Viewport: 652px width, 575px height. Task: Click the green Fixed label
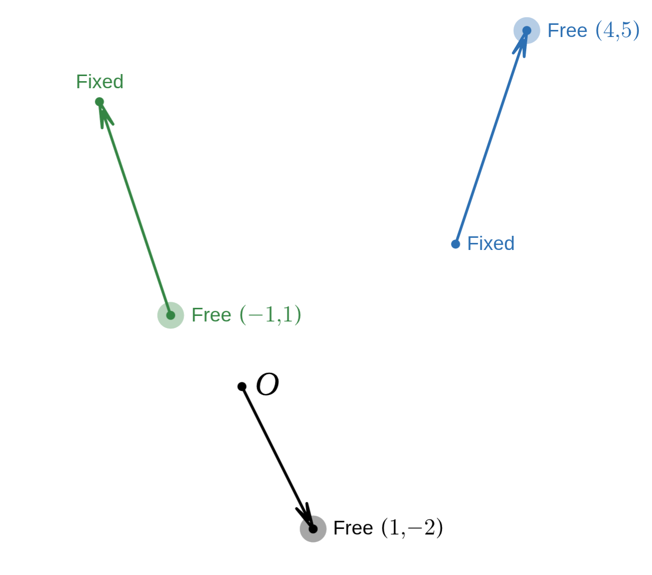[x=100, y=82]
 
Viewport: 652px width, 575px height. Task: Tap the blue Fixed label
[x=490, y=243]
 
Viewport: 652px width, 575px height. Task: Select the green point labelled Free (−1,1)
[x=171, y=315]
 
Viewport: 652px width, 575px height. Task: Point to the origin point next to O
[x=242, y=386]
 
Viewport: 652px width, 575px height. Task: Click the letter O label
[x=267, y=385]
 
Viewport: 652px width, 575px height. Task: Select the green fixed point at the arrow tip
[x=99, y=102]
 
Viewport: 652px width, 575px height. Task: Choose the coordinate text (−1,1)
[x=270, y=315]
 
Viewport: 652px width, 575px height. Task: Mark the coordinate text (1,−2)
[x=411, y=528]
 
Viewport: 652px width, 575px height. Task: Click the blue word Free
[x=567, y=30]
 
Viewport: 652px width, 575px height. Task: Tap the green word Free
[x=211, y=315]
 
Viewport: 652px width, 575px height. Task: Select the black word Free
[x=353, y=528]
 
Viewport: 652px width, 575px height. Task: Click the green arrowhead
[x=105, y=117]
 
